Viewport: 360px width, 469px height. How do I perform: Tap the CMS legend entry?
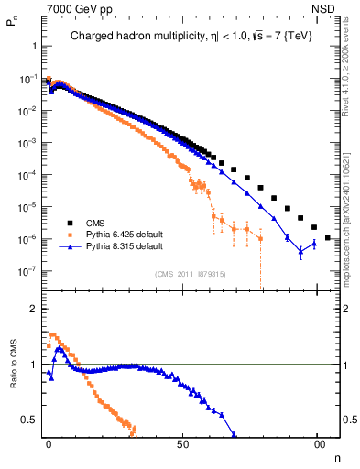coord(97,223)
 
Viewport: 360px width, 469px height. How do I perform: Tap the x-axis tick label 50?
coord(183,442)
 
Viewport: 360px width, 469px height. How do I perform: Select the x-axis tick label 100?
coord(317,442)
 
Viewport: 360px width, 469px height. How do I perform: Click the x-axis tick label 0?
coord(49,442)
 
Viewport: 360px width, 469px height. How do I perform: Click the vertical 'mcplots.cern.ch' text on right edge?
coord(351,229)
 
